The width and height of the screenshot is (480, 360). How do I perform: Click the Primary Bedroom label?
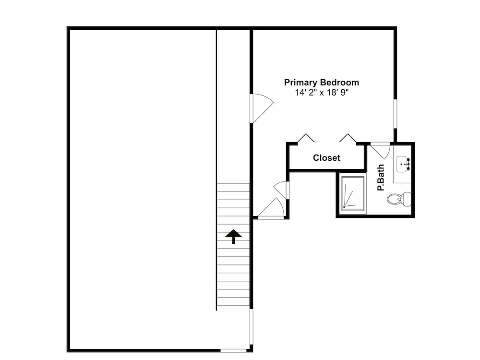click(322, 83)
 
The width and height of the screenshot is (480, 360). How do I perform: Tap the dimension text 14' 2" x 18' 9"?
click(322, 93)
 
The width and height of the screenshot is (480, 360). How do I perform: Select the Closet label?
click(326, 158)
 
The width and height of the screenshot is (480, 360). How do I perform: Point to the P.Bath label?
click(381, 178)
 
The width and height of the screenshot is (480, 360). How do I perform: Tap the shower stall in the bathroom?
click(353, 193)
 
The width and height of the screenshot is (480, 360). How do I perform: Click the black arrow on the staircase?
click(234, 236)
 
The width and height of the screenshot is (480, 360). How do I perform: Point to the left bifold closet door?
click(305, 138)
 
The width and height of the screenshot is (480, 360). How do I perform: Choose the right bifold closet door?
click(348, 138)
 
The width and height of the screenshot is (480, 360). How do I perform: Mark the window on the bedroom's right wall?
click(395, 113)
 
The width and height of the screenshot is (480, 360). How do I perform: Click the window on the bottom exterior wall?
click(233, 350)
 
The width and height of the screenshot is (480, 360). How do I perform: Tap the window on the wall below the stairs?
click(252, 326)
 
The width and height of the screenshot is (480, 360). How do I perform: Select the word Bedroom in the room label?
click(339, 83)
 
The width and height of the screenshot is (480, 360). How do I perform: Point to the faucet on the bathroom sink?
click(408, 164)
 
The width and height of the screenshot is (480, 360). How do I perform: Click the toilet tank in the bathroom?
click(407, 199)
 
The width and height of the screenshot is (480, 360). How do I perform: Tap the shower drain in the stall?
click(344, 207)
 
